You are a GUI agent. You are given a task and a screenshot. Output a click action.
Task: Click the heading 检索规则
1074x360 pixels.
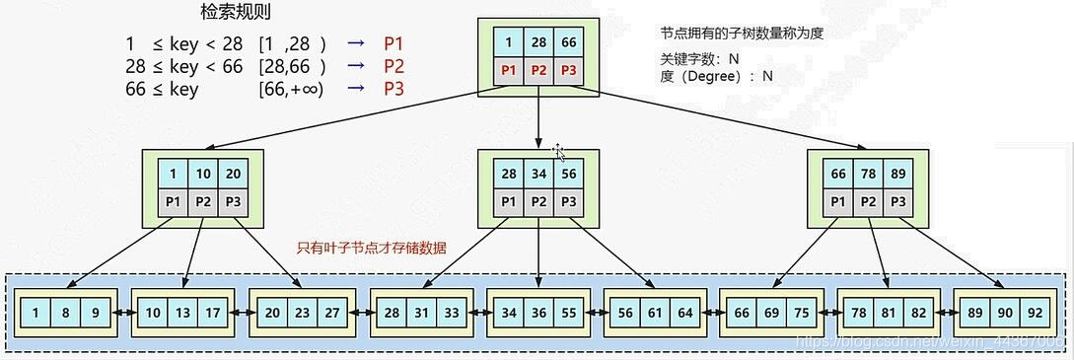click(x=236, y=13)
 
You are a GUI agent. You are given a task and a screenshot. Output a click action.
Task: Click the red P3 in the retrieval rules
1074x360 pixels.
click(x=394, y=90)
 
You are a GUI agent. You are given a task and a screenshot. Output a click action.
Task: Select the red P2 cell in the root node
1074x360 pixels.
click(x=537, y=70)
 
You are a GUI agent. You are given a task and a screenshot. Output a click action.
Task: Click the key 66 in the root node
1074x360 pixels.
click(x=567, y=43)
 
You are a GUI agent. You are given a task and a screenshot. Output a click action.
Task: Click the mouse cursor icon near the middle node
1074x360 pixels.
click(x=559, y=151)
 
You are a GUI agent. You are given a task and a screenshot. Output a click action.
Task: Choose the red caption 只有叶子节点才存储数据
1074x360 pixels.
click(x=372, y=249)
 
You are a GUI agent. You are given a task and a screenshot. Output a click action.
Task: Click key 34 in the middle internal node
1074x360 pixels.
click(x=537, y=175)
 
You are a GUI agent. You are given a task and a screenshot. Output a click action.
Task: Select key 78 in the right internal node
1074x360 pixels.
click(x=867, y=175)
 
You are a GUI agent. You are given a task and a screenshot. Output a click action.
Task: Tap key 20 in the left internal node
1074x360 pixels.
click(x=232, y=175)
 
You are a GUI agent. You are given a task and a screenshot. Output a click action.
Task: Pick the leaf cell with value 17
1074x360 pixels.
click(x=212, y=313)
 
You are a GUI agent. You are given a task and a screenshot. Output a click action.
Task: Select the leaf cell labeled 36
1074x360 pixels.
click(x=537, y=313)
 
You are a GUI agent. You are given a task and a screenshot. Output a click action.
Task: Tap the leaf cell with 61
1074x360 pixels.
click(x=655, y=313)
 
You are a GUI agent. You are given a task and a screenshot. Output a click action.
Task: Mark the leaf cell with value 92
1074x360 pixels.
click(x=1035, y=313)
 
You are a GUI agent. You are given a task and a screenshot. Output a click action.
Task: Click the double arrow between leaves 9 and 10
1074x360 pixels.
click(x=124, y=313)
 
